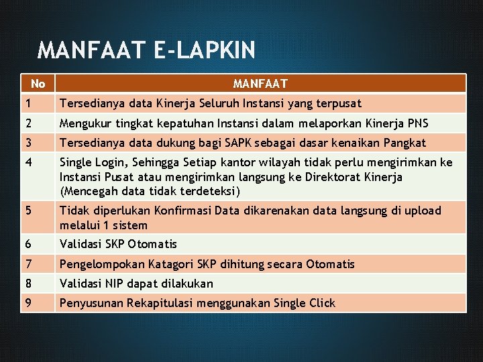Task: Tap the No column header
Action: [38, 84]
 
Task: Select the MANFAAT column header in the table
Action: [260, 84]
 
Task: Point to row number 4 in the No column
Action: [28, 163]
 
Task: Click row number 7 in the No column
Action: [28, 264]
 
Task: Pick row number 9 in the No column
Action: [28, 303]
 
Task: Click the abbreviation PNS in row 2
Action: [417, 123]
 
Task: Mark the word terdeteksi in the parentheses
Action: [202, 191]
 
